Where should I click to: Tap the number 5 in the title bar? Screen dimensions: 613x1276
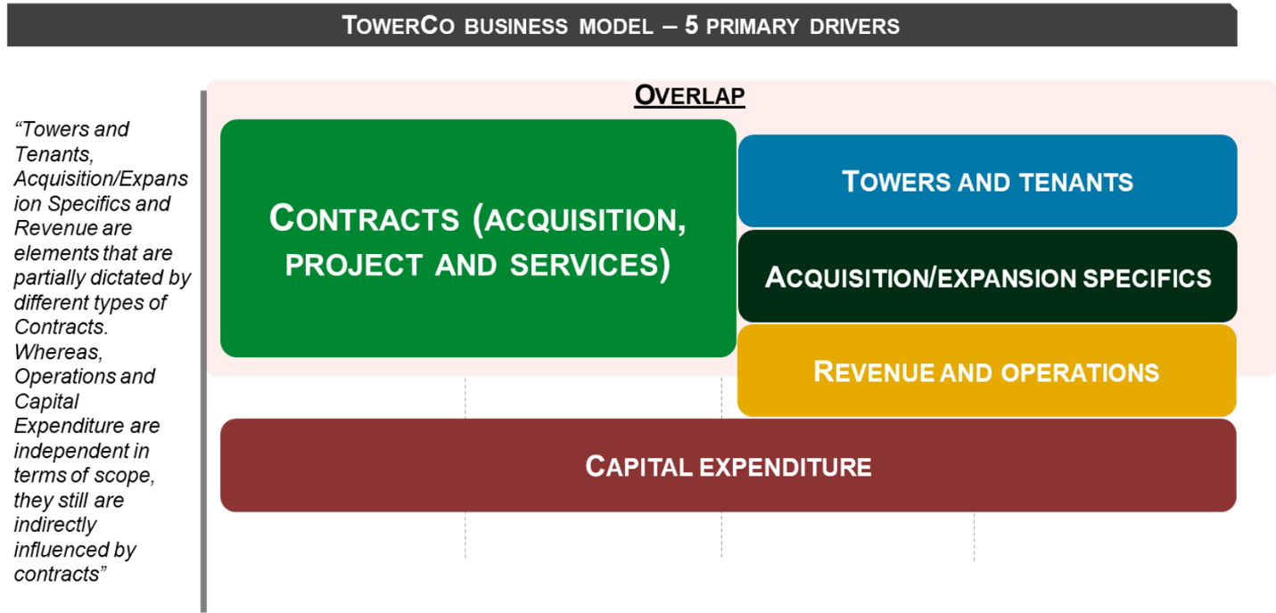point(691,25)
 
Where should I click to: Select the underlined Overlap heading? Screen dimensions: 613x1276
point(689,94)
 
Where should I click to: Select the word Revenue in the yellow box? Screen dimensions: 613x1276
point(874,372)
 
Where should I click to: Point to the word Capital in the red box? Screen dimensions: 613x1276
point(638,466)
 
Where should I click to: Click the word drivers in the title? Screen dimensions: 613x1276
point(855,26)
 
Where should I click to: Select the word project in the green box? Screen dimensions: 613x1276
point(354,265)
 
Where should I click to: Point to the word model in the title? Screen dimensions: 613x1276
point(615,26)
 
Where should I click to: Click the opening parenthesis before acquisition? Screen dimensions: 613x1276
point(479,220)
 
